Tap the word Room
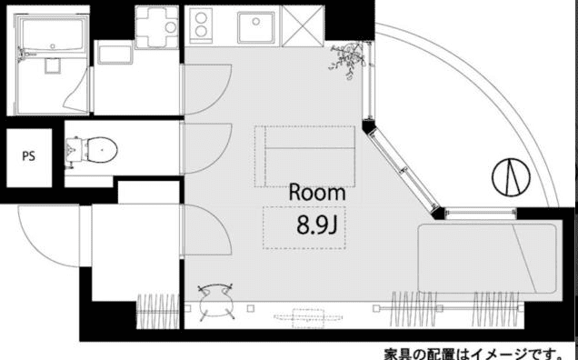click(x=317, y=193)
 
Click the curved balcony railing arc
click(x=509, y=109)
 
